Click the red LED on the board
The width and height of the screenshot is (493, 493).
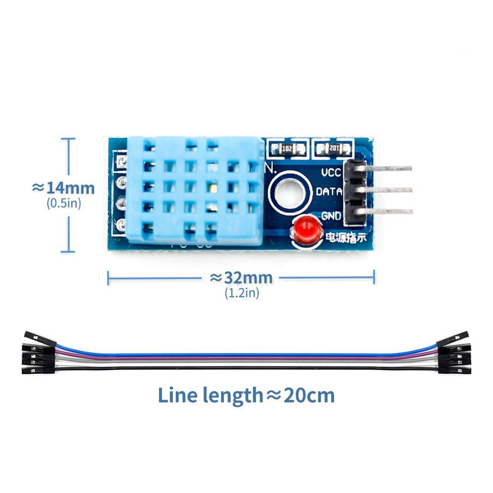click(x=304, y=229)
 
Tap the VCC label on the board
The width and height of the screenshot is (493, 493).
click(x=331, y=173)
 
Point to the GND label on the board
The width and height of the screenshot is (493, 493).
click(x=331, y=215)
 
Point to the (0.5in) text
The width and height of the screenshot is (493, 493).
click(x=64, y=203)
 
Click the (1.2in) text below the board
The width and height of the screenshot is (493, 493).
click(x=242, y=293)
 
